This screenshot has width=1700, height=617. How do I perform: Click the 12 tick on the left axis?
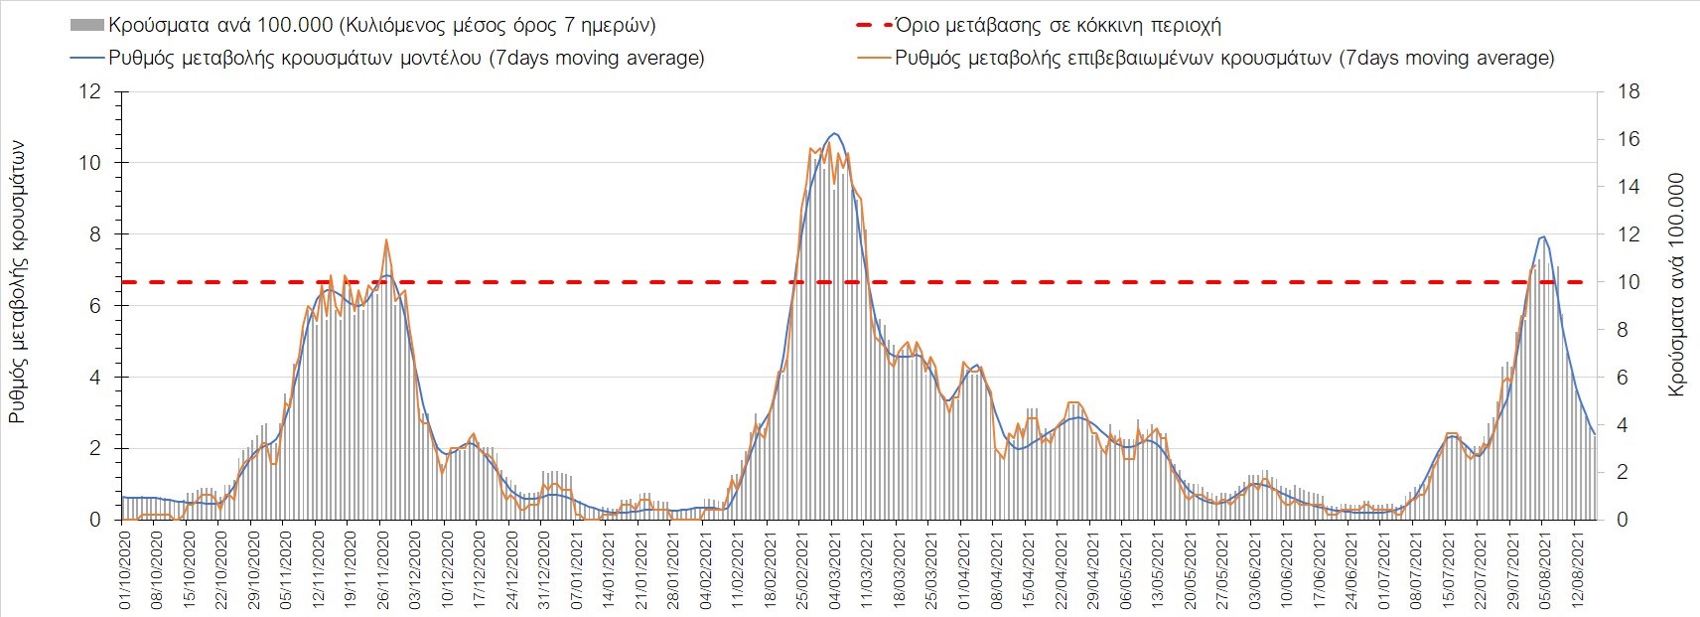pyautogui.click(x=90, y=92)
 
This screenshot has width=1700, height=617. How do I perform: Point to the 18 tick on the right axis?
pyautogui.click(x=1629, y=92)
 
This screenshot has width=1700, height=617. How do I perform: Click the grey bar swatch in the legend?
pyautogui.click(x=87, y=25)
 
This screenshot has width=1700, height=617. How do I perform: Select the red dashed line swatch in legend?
pyautogui.click(x=873, y=25)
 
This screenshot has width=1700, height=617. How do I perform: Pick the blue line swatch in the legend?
pyautogui.click(x=87, y=58)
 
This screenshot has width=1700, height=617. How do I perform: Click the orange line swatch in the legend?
pyautogui.click(x=873, y=58)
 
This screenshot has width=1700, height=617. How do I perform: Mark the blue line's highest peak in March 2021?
pyautogui.click(x=834, y=133)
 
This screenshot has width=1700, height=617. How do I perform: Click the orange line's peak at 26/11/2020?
pyautogui.click(x=386, y=239)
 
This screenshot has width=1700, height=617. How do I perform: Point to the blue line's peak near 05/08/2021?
pyautogui.click(x=1543, y=235)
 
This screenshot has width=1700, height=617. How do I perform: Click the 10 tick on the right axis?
pyautogui.click(x=1629, y=282)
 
